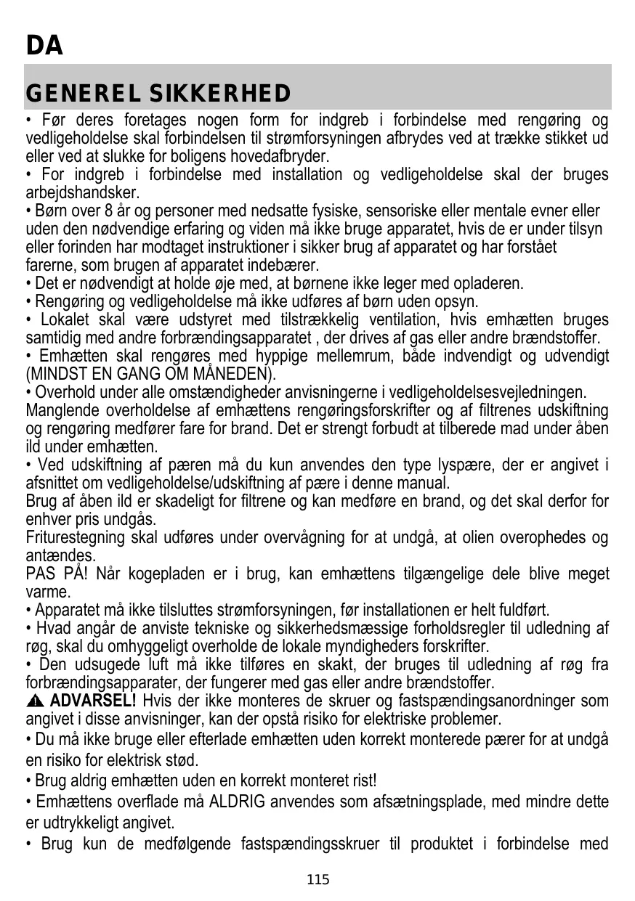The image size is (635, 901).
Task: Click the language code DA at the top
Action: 44,46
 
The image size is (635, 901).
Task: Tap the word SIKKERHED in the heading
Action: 221,94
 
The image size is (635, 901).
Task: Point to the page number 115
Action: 317,881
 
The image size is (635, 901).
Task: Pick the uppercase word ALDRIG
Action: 238,802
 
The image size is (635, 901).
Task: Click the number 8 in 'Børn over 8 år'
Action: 92,211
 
